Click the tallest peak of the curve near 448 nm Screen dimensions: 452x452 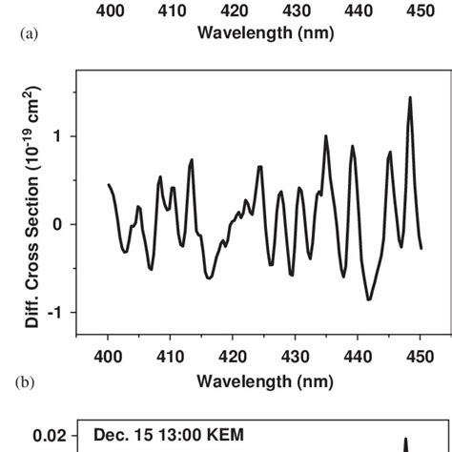point(410,97)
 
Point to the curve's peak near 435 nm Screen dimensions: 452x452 point(326,135)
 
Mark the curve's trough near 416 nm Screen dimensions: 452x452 point(209,277)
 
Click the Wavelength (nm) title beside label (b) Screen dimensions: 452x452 point(265,381)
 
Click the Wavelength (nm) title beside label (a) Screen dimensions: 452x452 point(265,31)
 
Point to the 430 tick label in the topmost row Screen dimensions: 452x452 point(296,10)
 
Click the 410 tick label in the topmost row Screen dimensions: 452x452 point(171,10)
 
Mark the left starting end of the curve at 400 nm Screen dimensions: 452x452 point(109,184)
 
